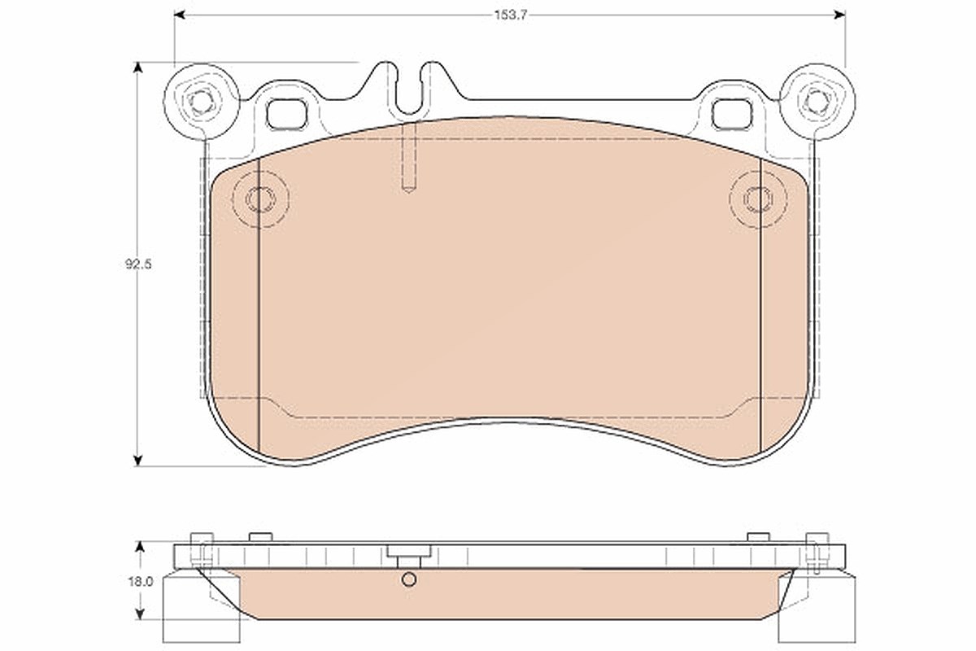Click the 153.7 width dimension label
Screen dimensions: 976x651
511,15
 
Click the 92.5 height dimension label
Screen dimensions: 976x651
138,264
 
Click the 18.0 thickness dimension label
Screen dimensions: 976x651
141,582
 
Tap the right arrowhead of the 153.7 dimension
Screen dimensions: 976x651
839,15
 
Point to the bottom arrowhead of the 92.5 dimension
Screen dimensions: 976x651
138,460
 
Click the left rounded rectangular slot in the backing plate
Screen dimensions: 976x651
286,114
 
